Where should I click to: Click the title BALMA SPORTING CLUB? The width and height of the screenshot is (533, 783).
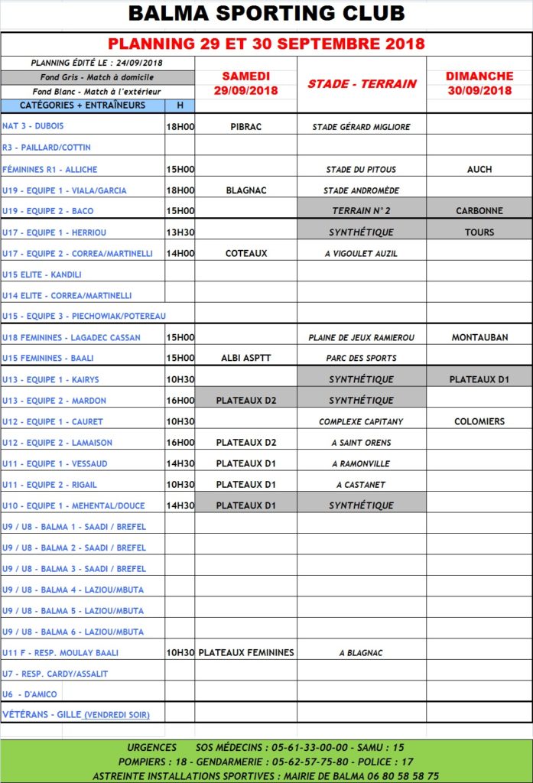[266, 14]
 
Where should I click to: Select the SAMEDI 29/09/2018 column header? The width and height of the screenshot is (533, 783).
[245, 83]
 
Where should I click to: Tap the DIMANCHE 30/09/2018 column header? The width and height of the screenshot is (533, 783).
[479, 83]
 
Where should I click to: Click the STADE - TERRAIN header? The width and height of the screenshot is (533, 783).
[362, 83]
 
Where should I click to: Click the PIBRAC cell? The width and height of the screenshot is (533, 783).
[245, 127]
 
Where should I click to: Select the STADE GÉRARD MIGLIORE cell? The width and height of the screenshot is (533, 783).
[361, 127]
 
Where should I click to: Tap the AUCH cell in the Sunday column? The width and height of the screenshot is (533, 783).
[479, 169]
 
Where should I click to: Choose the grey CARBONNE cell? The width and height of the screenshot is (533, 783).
[479, 211]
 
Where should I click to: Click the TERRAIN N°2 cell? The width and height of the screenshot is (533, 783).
[361, 211]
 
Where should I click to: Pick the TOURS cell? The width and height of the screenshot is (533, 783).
[479, 232]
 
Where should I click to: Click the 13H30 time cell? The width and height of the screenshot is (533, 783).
[180, 232]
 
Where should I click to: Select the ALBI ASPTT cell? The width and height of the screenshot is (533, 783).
[245, 358]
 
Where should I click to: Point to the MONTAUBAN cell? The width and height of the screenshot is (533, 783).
[479, 337]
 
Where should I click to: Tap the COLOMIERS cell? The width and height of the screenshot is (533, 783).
[479, 421]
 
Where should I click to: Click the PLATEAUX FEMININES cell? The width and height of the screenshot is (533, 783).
[245, 653]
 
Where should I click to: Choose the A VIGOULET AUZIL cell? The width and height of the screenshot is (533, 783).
[361, 253]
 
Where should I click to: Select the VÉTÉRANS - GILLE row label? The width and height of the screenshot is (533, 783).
[76, 714]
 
